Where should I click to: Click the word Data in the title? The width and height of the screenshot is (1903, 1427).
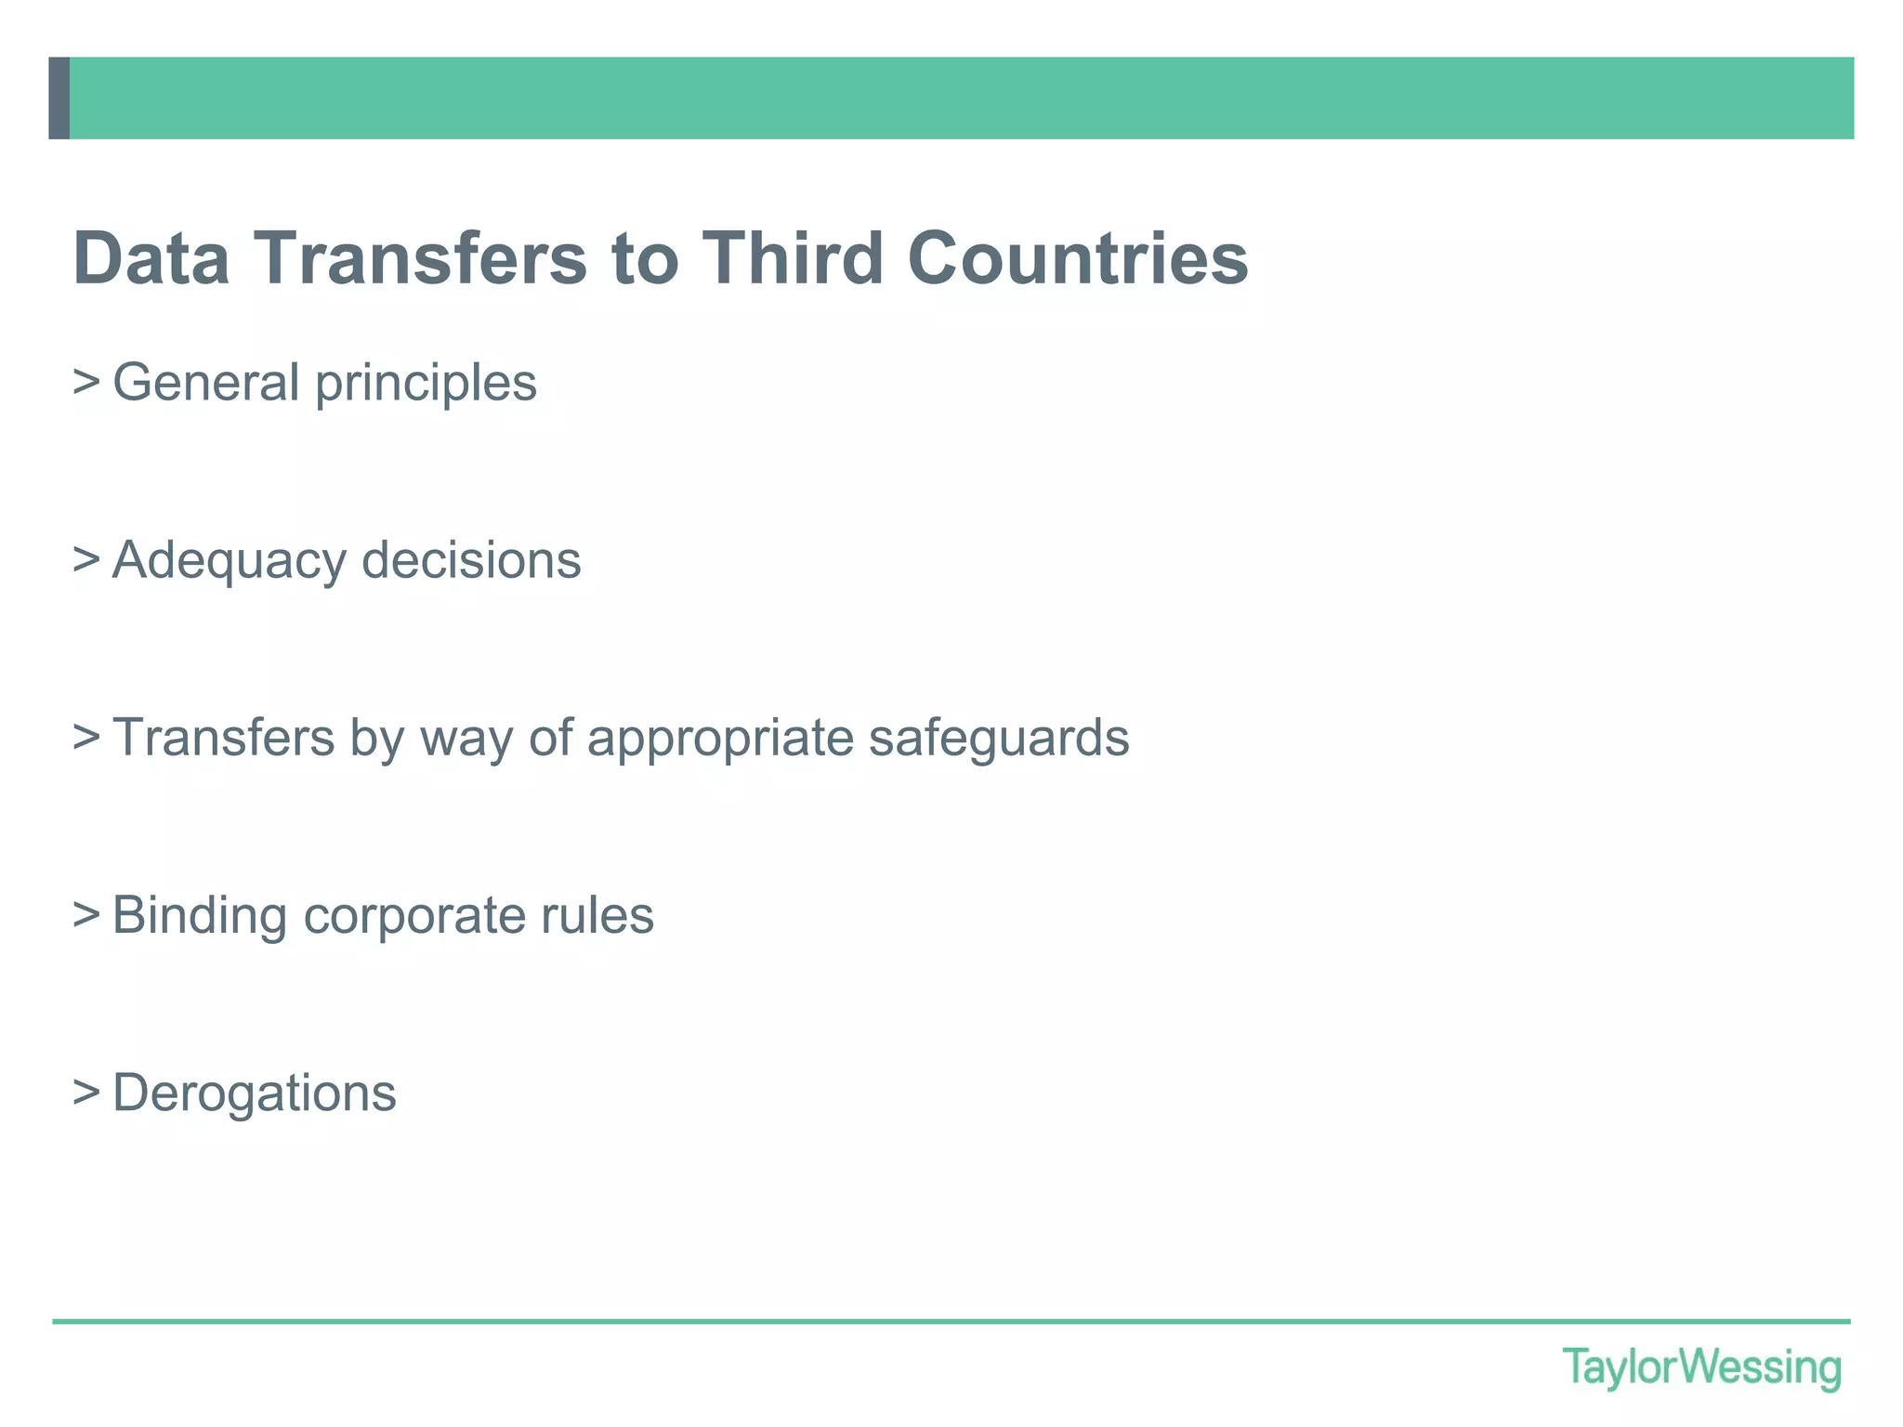point(151,258)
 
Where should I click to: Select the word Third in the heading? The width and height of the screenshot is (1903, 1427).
point(792,258)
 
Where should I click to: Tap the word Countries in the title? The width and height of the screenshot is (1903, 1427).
point(1078,258)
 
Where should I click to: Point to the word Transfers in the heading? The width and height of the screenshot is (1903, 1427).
point(421,258)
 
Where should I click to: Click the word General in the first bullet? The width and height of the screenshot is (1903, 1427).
point(205,382)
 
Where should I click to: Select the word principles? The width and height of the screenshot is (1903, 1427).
point(426,384)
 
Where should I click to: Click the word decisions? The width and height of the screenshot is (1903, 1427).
point(471,560)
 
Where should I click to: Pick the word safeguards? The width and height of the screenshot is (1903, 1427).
point(999,739)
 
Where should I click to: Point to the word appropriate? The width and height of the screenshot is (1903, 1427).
point(720,740)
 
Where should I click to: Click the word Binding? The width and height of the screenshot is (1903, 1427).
point(200,916)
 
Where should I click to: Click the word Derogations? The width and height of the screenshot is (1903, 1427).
point(255,1093)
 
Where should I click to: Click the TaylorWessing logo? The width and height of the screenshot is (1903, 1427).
point(1701,1368)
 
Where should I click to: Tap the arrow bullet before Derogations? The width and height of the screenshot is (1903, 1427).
point(86,1093)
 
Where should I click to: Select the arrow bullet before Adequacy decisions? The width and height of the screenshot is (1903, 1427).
point(86,559)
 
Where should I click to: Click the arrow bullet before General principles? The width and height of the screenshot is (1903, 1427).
point(86,381)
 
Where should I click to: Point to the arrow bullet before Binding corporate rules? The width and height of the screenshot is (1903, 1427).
point(86,915)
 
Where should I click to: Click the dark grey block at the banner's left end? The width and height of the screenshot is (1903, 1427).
point(59,98)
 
